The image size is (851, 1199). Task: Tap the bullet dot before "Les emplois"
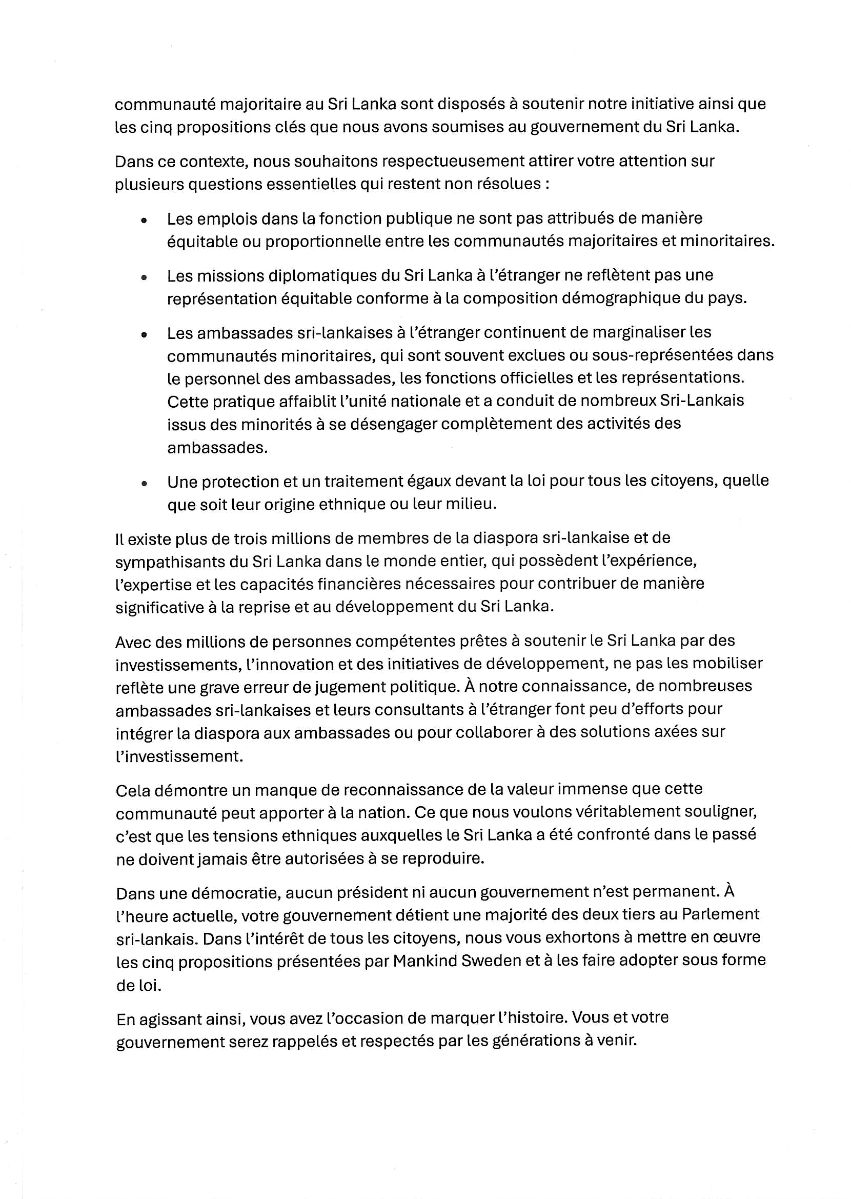tap(144, 221)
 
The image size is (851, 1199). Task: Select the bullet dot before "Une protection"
tap(144, 484)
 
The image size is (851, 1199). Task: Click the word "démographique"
tap(629, 298)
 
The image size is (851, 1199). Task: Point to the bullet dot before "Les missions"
tap(144, 278)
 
